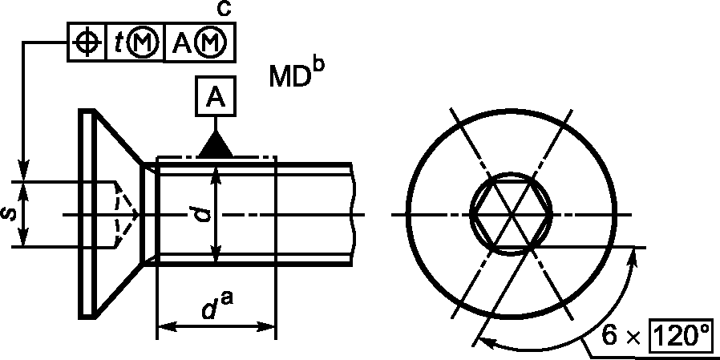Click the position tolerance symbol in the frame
point(87,42)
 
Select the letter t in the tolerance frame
point(118,42)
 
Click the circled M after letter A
point(210,42)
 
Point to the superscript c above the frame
point(223,10)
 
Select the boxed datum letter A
point(216,96)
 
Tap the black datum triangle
point(216,144)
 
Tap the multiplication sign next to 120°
point(633,339)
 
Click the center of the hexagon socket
point(511,214)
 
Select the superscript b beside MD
point(318,66)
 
